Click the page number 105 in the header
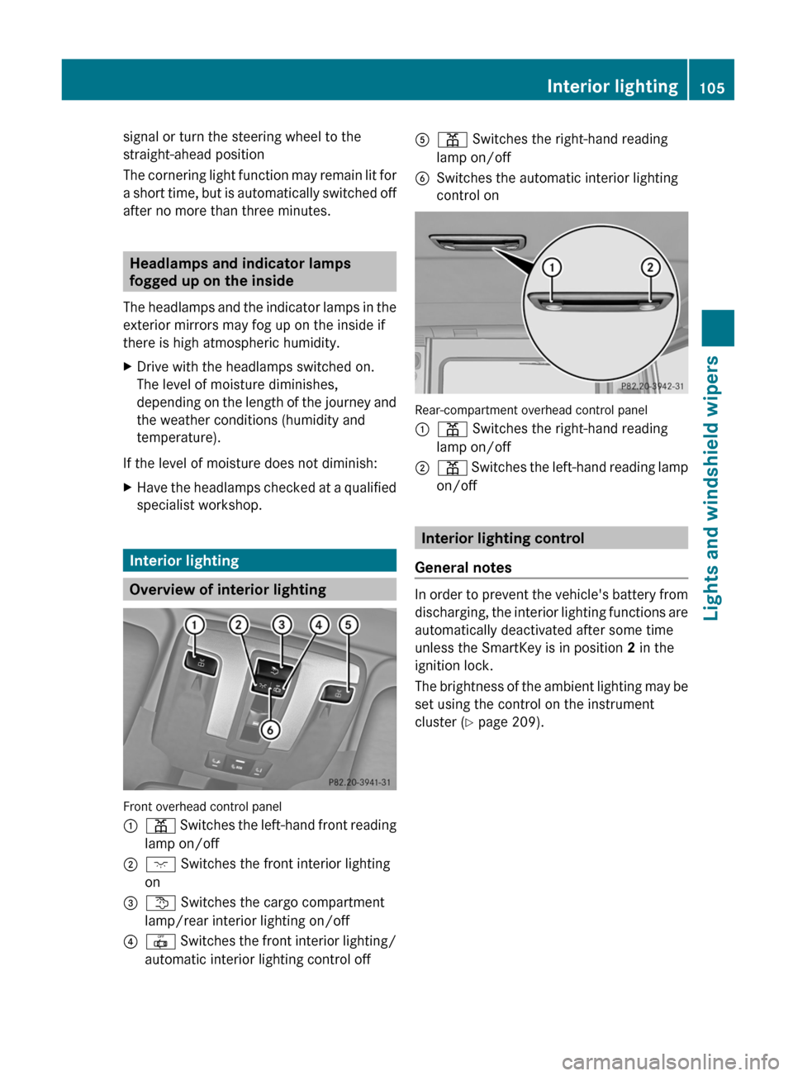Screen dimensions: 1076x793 click(711, 88)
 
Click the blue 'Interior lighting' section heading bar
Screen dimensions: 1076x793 click(259, 560)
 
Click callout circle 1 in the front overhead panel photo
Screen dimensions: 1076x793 click(195, 625)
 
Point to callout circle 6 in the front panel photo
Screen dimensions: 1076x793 click(269, 730)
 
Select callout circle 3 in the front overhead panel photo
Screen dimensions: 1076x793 click(282, 625)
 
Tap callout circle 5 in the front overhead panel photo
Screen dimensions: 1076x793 click(349, 625)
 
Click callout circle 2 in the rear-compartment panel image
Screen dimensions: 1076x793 click(651, 267)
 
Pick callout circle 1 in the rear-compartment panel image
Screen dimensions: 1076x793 click(551, 267)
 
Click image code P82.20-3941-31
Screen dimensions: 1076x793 click(359, 782)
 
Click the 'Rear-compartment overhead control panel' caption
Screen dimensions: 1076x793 click(531, 410)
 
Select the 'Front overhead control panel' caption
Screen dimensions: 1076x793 click(202, 807)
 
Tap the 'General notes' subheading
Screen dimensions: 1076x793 click(463, 568)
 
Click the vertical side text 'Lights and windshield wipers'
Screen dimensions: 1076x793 click(711, 488)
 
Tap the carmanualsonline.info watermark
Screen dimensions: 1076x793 click(670, 1061)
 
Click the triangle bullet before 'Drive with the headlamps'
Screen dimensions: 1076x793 click(127, 367)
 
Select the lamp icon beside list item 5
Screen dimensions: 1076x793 click(452, 140)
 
